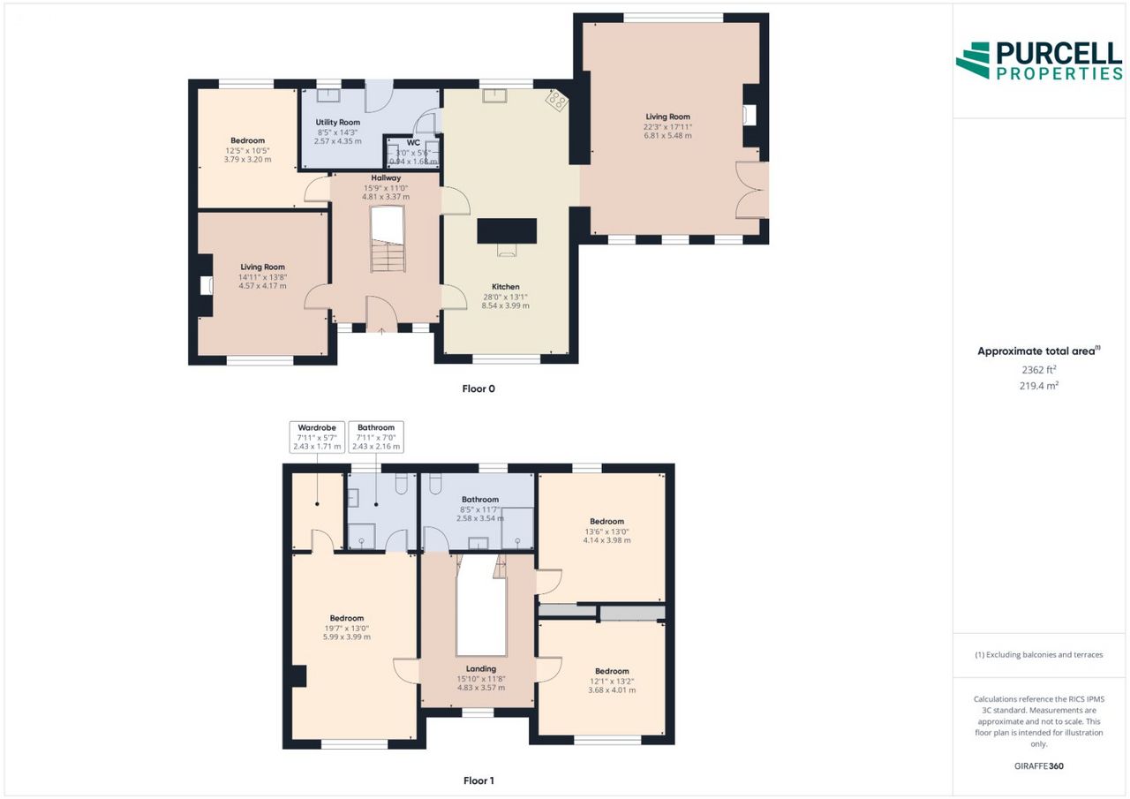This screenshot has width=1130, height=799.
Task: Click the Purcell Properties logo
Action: coord(1039,61)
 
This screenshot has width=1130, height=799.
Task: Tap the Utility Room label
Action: coord(337,122)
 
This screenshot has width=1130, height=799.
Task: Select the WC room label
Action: coord(413,143)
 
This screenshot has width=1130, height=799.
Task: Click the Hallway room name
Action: coord(386,177)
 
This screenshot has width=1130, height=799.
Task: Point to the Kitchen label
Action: coord(506,287)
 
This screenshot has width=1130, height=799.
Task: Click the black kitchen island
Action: coord(507,231)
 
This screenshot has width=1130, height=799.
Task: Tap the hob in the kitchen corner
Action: coord(557,101)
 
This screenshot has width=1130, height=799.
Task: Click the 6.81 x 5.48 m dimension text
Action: coord(667,136)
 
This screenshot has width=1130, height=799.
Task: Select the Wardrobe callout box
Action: coord(317,437)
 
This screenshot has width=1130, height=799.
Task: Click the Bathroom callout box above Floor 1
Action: coord(376,437)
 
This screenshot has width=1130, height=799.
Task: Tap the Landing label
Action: coord(481,669)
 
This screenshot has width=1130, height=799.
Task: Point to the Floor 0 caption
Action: coord(478,388)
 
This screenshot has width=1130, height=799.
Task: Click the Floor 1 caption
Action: coord(478,780)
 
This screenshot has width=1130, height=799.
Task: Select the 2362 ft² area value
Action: coord(1039,370)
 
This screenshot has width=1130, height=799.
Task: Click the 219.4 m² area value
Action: coord(1039,386)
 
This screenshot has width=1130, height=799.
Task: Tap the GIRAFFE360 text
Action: coord(1039,766)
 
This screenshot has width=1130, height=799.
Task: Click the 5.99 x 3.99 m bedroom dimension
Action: coord(347,637)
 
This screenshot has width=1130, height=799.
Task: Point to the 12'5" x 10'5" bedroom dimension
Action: coord(247,151)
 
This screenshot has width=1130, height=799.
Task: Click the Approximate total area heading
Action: coord(1039,351)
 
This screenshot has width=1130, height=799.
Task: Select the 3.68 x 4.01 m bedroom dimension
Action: coord(612,690)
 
